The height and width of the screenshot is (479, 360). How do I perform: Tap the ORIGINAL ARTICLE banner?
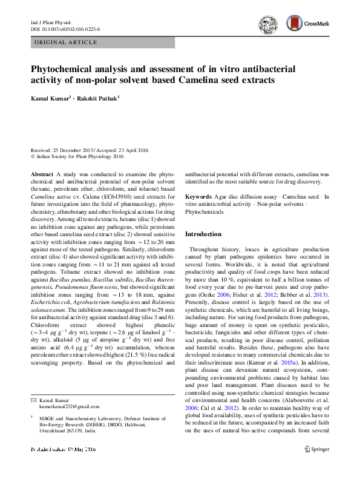point(67,42)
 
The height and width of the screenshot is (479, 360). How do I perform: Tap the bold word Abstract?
point(42,174)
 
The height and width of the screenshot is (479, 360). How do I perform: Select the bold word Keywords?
point(198,197)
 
